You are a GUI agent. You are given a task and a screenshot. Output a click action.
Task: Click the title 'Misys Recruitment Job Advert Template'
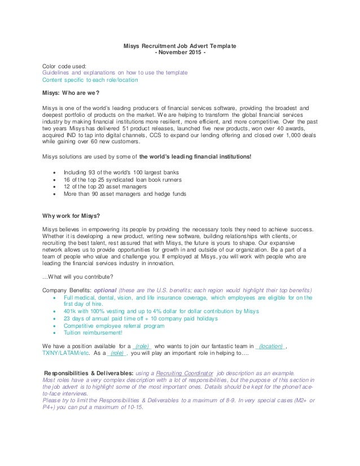[x=180, y=46]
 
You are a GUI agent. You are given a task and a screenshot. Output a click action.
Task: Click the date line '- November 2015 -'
[x=180, y=52]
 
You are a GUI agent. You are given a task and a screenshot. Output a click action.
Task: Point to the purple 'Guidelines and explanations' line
[x=115, y=73]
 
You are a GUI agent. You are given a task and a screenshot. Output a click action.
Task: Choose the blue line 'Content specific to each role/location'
[x=90, y=80]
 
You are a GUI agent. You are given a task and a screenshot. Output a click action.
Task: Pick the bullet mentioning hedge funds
[x=125, y=194]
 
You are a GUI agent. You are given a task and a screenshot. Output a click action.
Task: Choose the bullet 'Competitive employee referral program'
[x=114, y=326]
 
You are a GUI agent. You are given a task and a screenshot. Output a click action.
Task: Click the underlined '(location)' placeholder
[x=270, y=346]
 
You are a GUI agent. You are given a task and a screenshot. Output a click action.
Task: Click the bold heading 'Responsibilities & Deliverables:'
[x=89, y=373]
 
